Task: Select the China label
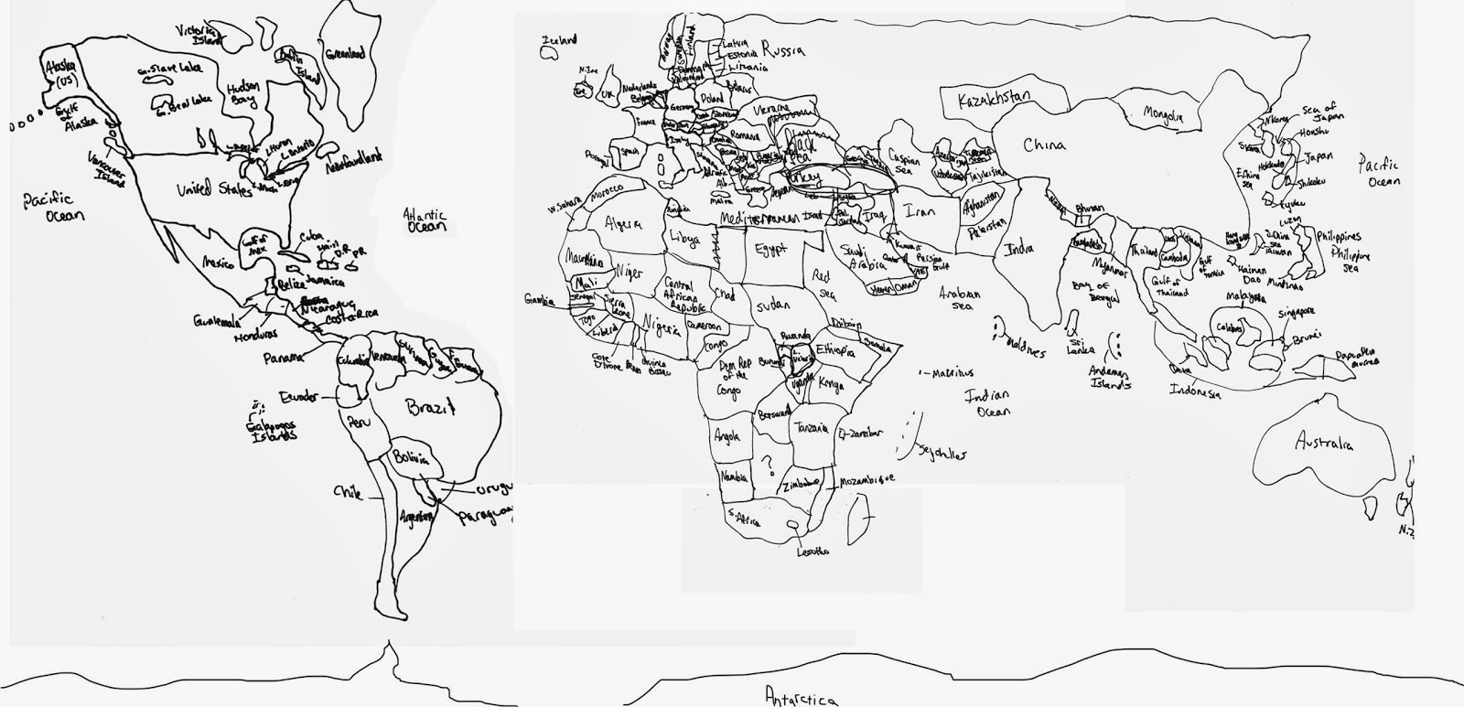[x=1044, y=145]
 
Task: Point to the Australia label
[x=1323, y=444]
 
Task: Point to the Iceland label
[x=559, y=41]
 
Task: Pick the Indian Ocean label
[x=986, y=403]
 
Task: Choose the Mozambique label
[x=862, y=479]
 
